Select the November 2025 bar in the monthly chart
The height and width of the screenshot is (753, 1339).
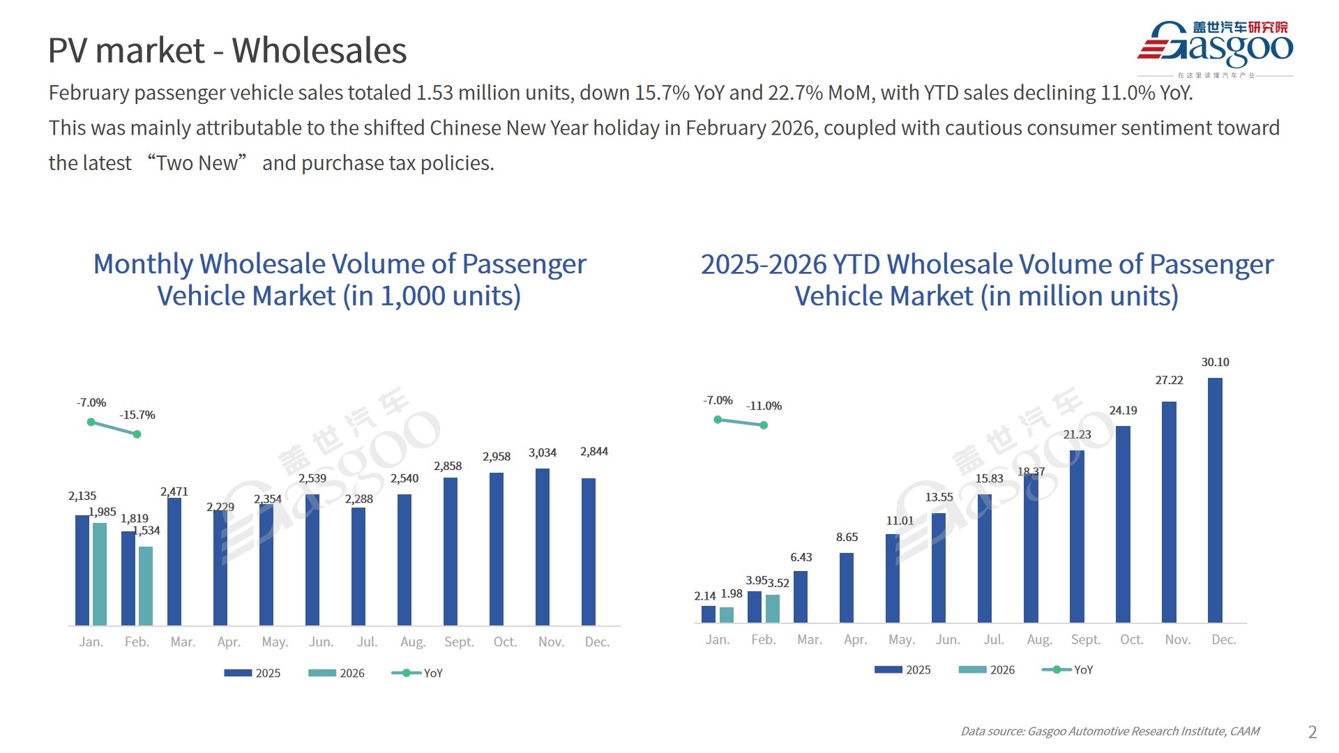pyautogui.click(x=543, y=547)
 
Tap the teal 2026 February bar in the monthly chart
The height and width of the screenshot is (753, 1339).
pyautogui.click(x=146, y=586)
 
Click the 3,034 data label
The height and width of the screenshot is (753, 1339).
pyautogui.click(x=543, y=453)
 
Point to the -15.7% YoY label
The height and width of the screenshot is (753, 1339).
pyautogui.click(x=137, y=416)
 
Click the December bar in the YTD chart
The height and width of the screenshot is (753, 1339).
pyautogui.click(x=1215, y=500)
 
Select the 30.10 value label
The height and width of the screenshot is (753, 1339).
pyautogui.click(x=1215, y=363)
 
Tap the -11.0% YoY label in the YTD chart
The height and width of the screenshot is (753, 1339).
pyautogui.click(x=764, y=406)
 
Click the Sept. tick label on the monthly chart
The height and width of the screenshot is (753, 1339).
pyautogui.click(x=459, y=642)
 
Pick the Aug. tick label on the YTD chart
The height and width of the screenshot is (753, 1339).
pyautogui.click(x=1039, y=640)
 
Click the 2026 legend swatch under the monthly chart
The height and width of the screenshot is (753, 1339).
pyautogui.click(x=322, y=673)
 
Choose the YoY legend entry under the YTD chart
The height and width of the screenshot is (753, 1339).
pyautogui.click(x=1067, y=670)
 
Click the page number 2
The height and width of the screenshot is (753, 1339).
pyautogui.click(x=1312, y=732)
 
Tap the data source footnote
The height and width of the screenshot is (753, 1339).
pyautogui.click(x=1110, y=731)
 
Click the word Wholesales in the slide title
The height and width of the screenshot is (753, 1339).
pyautogui.click(x=319, y=51)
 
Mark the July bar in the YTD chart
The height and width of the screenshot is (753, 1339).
pyautogui.click(x=985, y=558)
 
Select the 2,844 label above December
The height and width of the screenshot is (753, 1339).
pyautogui.click(x=594, y=452)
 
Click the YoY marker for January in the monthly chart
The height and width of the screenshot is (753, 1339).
pyautogui.click(x=91, y=422)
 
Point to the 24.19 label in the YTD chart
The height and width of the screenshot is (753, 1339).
pyautogui.click(x=1123, y=411)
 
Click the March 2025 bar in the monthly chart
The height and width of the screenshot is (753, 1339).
pyautogui.click(x=174, y=561)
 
